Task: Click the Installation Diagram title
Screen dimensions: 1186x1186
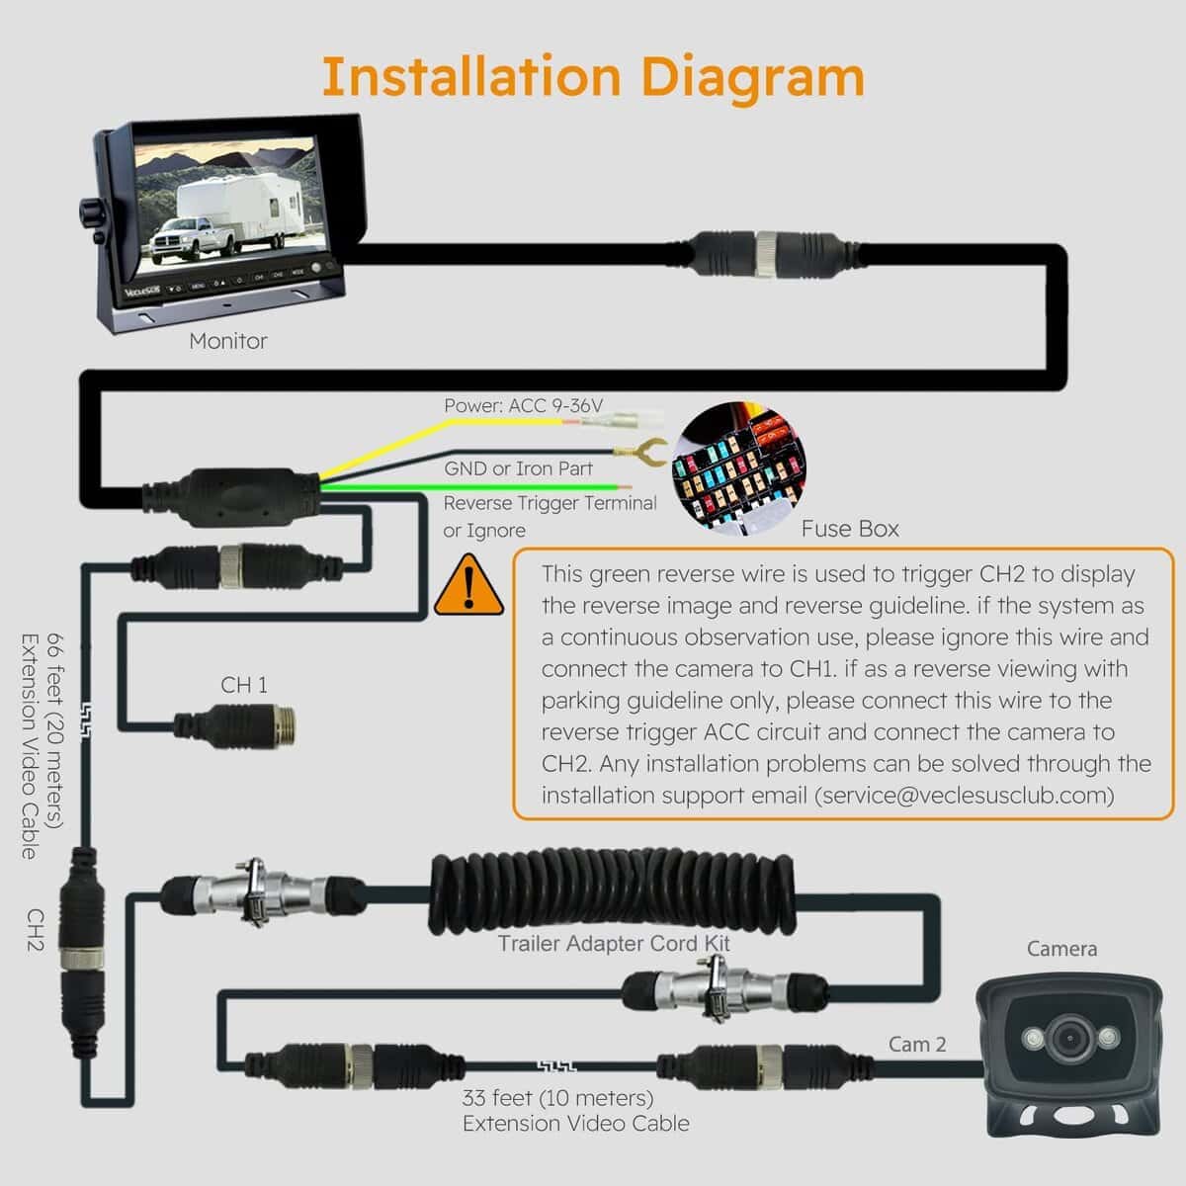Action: click(593, 77)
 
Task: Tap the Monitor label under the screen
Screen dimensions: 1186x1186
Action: click(228, 341)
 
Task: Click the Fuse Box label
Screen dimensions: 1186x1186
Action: click(850, 529)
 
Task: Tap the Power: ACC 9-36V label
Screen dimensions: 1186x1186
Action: click(523, 405)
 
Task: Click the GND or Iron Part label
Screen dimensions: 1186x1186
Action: click(518, 468)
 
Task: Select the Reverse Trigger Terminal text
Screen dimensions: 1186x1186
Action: click(550, 503)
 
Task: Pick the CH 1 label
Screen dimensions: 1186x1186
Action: click(243, 685)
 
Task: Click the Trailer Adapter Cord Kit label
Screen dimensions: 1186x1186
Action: click(614, 943)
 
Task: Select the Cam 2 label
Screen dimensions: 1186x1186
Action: click(917, 1044)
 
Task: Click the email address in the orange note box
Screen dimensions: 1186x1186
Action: click(964, 796)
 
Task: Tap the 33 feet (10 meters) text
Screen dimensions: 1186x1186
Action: click(557, 1098)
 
